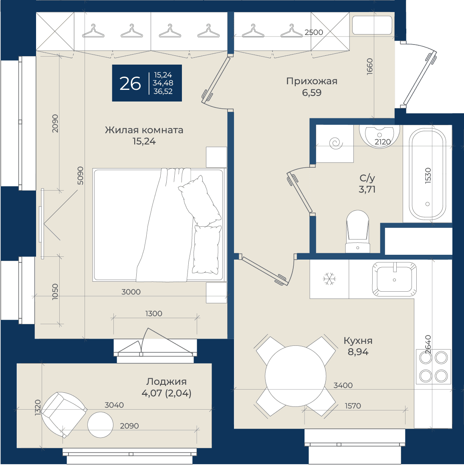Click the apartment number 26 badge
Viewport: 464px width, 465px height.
click(x=147, y=83)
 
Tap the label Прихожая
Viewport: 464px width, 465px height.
click(x=312, y=81)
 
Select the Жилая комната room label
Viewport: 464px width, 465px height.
click(x=144, y=130)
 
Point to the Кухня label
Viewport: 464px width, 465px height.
click(x=358, y=341)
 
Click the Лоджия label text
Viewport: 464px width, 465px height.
click(x=166, y=382)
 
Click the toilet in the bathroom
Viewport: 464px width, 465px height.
click(x=358, y=231)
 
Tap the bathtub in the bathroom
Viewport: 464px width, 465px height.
click(x=427, y=174)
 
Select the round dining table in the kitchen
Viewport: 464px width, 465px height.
click(x=296, y=376)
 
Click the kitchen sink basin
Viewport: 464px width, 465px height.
click(x=394, y=279)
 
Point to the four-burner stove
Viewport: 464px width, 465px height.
click(x=434, y=367)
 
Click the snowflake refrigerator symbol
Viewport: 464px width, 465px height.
click(x=329, y=279)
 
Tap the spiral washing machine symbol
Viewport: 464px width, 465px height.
click(x=336, y=144)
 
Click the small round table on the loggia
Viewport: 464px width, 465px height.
click(x=101, y=425)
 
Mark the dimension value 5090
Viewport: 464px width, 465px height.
click(x=80, y=176)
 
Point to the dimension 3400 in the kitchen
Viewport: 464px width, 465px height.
click(x=343, y=385)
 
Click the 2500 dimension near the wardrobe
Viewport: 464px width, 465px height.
click(x=314, y=32)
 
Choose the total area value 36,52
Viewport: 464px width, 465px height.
click(x=163, y=91)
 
